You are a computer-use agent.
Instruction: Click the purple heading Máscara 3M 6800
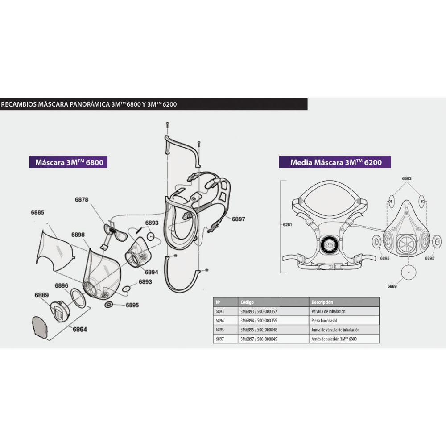tap(69, 161)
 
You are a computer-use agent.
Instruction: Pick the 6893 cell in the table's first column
tap(220, 311)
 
